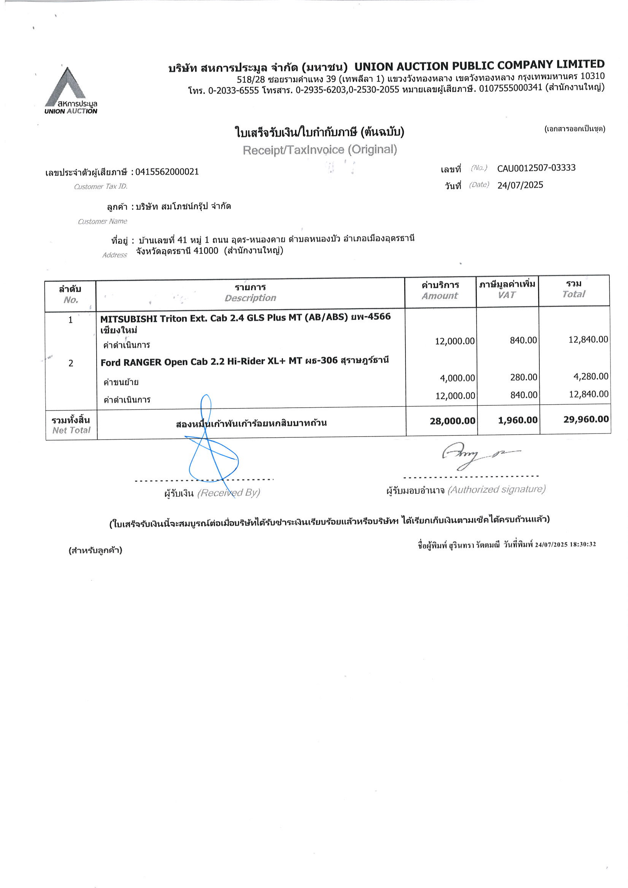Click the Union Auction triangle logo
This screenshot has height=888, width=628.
coord(66,87)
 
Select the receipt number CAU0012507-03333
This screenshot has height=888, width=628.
coord(536,168)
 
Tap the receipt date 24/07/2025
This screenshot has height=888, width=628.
coord(520,185)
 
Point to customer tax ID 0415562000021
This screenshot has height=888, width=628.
coord(167,172)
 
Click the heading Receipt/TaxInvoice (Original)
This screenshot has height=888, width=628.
coord(320,150)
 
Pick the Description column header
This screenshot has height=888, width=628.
coord(250,298)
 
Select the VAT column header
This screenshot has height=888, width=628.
coord(507,295)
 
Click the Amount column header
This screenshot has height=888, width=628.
coord(440,296)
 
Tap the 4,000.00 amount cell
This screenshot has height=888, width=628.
coord(457,378)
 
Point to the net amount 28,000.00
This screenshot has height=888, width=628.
coord(452,421)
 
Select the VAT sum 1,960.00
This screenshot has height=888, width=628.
coord(518,420)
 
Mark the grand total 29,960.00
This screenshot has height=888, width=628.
coord(586,419)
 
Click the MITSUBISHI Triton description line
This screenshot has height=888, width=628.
coord(245,318)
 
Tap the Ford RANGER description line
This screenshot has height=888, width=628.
coord(245,362)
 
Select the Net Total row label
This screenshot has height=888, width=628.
coord(71,425)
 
